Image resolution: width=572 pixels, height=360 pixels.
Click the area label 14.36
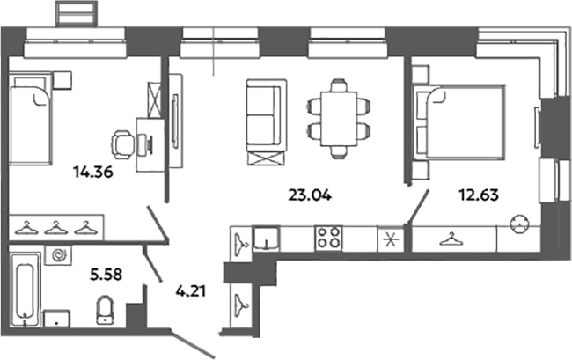click(93, 172)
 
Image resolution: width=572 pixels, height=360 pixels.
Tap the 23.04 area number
click(310, 195)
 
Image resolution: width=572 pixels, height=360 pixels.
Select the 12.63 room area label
click(479, 195)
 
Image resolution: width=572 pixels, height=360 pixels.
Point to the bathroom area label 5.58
click(106, 274)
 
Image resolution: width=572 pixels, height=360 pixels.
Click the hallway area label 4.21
click(191, 290)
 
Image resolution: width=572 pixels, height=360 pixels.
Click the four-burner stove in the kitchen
click(328, 239)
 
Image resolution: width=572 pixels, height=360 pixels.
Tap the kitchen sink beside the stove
click(267, 239)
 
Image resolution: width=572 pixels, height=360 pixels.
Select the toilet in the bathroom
click(106, 310)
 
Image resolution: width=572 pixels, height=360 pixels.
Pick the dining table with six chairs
click(339, 119)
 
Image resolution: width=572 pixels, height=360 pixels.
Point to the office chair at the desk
click(123, 144)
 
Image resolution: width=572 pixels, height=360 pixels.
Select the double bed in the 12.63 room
click(458, 122)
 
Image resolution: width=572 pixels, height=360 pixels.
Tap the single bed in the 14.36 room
click(30, 118)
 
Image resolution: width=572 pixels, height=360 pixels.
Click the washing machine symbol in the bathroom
click(58, 255)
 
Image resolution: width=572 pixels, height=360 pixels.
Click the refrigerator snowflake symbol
click(391, 239)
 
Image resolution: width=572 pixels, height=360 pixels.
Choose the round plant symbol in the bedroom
click(520, 224)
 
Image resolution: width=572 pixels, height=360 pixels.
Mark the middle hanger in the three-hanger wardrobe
click(55, 228)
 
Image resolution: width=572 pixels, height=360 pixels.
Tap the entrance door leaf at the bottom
click(192, 343)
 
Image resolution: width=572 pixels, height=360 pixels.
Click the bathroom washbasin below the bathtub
click(56, 319)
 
